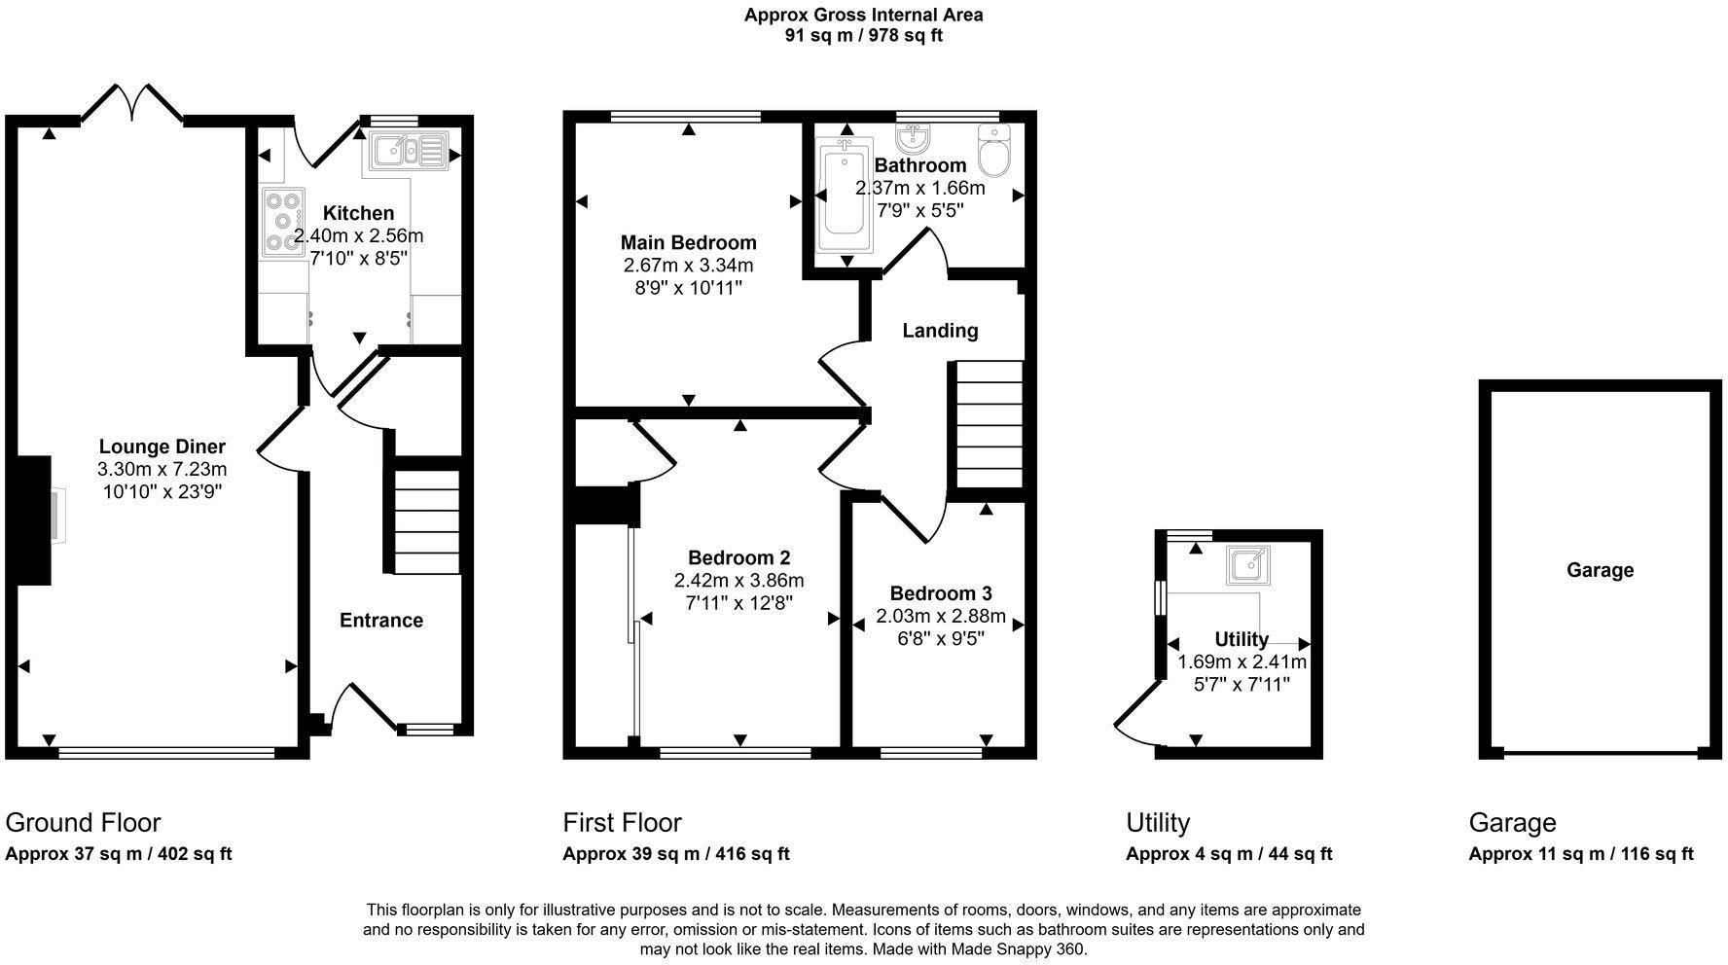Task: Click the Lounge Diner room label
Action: tap(162, 447)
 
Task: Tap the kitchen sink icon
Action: tap(408, 151)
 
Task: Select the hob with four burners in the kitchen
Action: tap(282, 222)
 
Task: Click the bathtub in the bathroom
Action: tap(844, 195)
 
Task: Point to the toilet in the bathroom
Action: tap(992, 151)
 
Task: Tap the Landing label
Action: tap(940, 331)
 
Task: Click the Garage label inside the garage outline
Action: tap(1600, 570)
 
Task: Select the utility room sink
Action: tap(1246, 563)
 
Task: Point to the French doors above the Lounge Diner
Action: tap(132, 102)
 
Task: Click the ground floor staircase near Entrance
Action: tap(426, 520)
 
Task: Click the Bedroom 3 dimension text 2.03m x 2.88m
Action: tap(940, 616)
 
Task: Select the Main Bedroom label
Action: tap(688, 242)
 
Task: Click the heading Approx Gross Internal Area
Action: tap(863, 15)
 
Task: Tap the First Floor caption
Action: tap(622, 823)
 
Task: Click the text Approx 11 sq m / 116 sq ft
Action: tap(1580, 854)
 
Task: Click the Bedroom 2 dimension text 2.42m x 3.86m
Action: tap(738, 581)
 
